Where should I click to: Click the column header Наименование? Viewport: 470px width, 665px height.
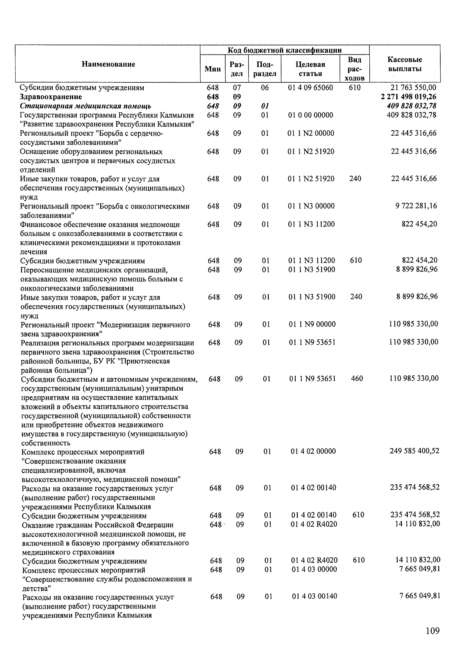pyautogui.click(x=108, y=64)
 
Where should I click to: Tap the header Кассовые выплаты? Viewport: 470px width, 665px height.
pyautogui.click(x=405, y=64)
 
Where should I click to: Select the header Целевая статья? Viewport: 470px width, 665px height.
pyautogui.click(x=310, y=69)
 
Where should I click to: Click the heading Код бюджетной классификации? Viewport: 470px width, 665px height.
pyautogui.click(x=285, y=50)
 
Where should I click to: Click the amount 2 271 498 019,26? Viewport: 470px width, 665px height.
pyautogui.click(x=408, y=97)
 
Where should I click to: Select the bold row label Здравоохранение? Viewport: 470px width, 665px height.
pyautogui.click(x=51, y=97)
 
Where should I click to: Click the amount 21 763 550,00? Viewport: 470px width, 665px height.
pyautogui.click(x=413, y=88)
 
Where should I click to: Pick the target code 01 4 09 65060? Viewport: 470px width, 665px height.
pyautogui.click(x=311, y=88)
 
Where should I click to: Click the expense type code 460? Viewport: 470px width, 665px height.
pyautogui.click(x=357, y=379)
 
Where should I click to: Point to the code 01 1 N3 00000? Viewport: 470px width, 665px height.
pyautogui.click(x=311, y=206)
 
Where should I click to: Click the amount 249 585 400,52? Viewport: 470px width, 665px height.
pyautogui.click(x=414, y=451)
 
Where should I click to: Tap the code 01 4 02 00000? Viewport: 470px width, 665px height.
pyautogui.click(x=313, y=451)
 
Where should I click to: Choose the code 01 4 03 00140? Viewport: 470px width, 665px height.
pyautogui.click(x=314, y=596)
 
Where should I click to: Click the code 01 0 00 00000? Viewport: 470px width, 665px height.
pyautogui.click(x=311, y=115)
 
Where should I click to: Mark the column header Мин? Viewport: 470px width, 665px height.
pyautogui.click(x=213, y=69)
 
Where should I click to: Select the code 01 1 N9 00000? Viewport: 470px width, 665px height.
pyautogui.click(x=312, y=324)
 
